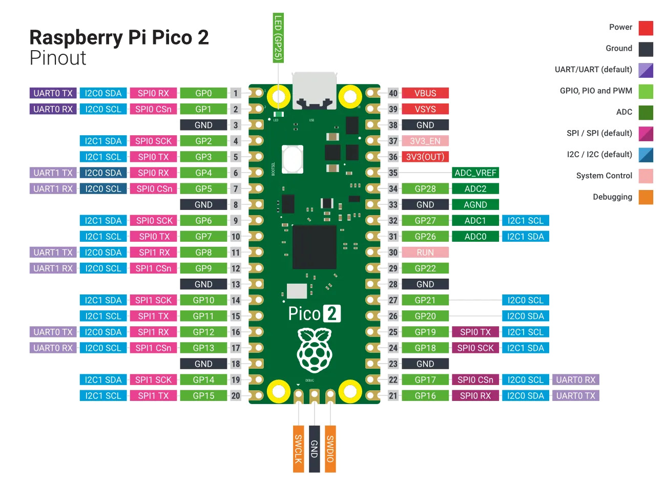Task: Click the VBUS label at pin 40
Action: tap(425, 93)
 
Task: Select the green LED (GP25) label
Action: tap(278, 38)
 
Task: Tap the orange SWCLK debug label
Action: tap(298, 449)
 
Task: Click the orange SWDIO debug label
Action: tap(330, 449)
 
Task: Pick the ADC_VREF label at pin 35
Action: tap(475, 173)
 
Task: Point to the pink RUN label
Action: tap(425, 252)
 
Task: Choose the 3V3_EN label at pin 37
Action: tap(425, 141)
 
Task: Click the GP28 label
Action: tap(425, 188)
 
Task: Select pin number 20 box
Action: tap(236, 395)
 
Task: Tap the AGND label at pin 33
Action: tap(475, 204)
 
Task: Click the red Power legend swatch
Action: tap(646, 28)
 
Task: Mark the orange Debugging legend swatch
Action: tap(646, 197)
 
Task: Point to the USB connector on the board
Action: tap(314, 91)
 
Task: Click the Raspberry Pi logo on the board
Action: tap(314, 350)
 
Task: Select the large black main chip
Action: tap(314, 246)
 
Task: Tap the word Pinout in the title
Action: tap(58, 58)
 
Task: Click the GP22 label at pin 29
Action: tap(425, 268)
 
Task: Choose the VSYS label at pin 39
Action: tap(425, 109)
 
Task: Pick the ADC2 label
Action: tap(475, 188)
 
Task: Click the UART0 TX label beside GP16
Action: tap(575, 395)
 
